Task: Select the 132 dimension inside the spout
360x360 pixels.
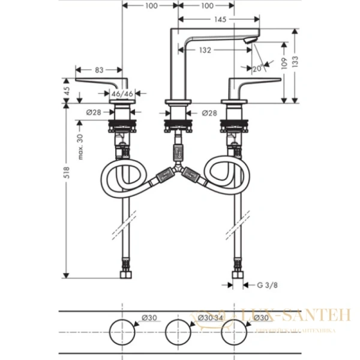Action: pyautogui.click(x=205, y=51)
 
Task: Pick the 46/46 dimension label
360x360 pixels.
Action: pyautogui.click(x=122, y=94)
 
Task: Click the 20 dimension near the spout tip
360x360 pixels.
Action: pyautogui.click(x=257, y=68)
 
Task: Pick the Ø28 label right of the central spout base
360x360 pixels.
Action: pyautogui.click(x=208, y=112)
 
